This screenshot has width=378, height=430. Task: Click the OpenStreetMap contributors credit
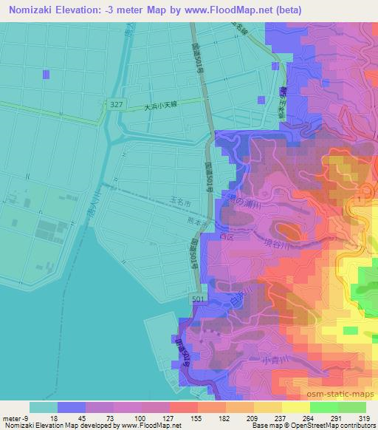(328, 426)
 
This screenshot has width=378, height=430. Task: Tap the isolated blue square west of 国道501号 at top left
(47, 74)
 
